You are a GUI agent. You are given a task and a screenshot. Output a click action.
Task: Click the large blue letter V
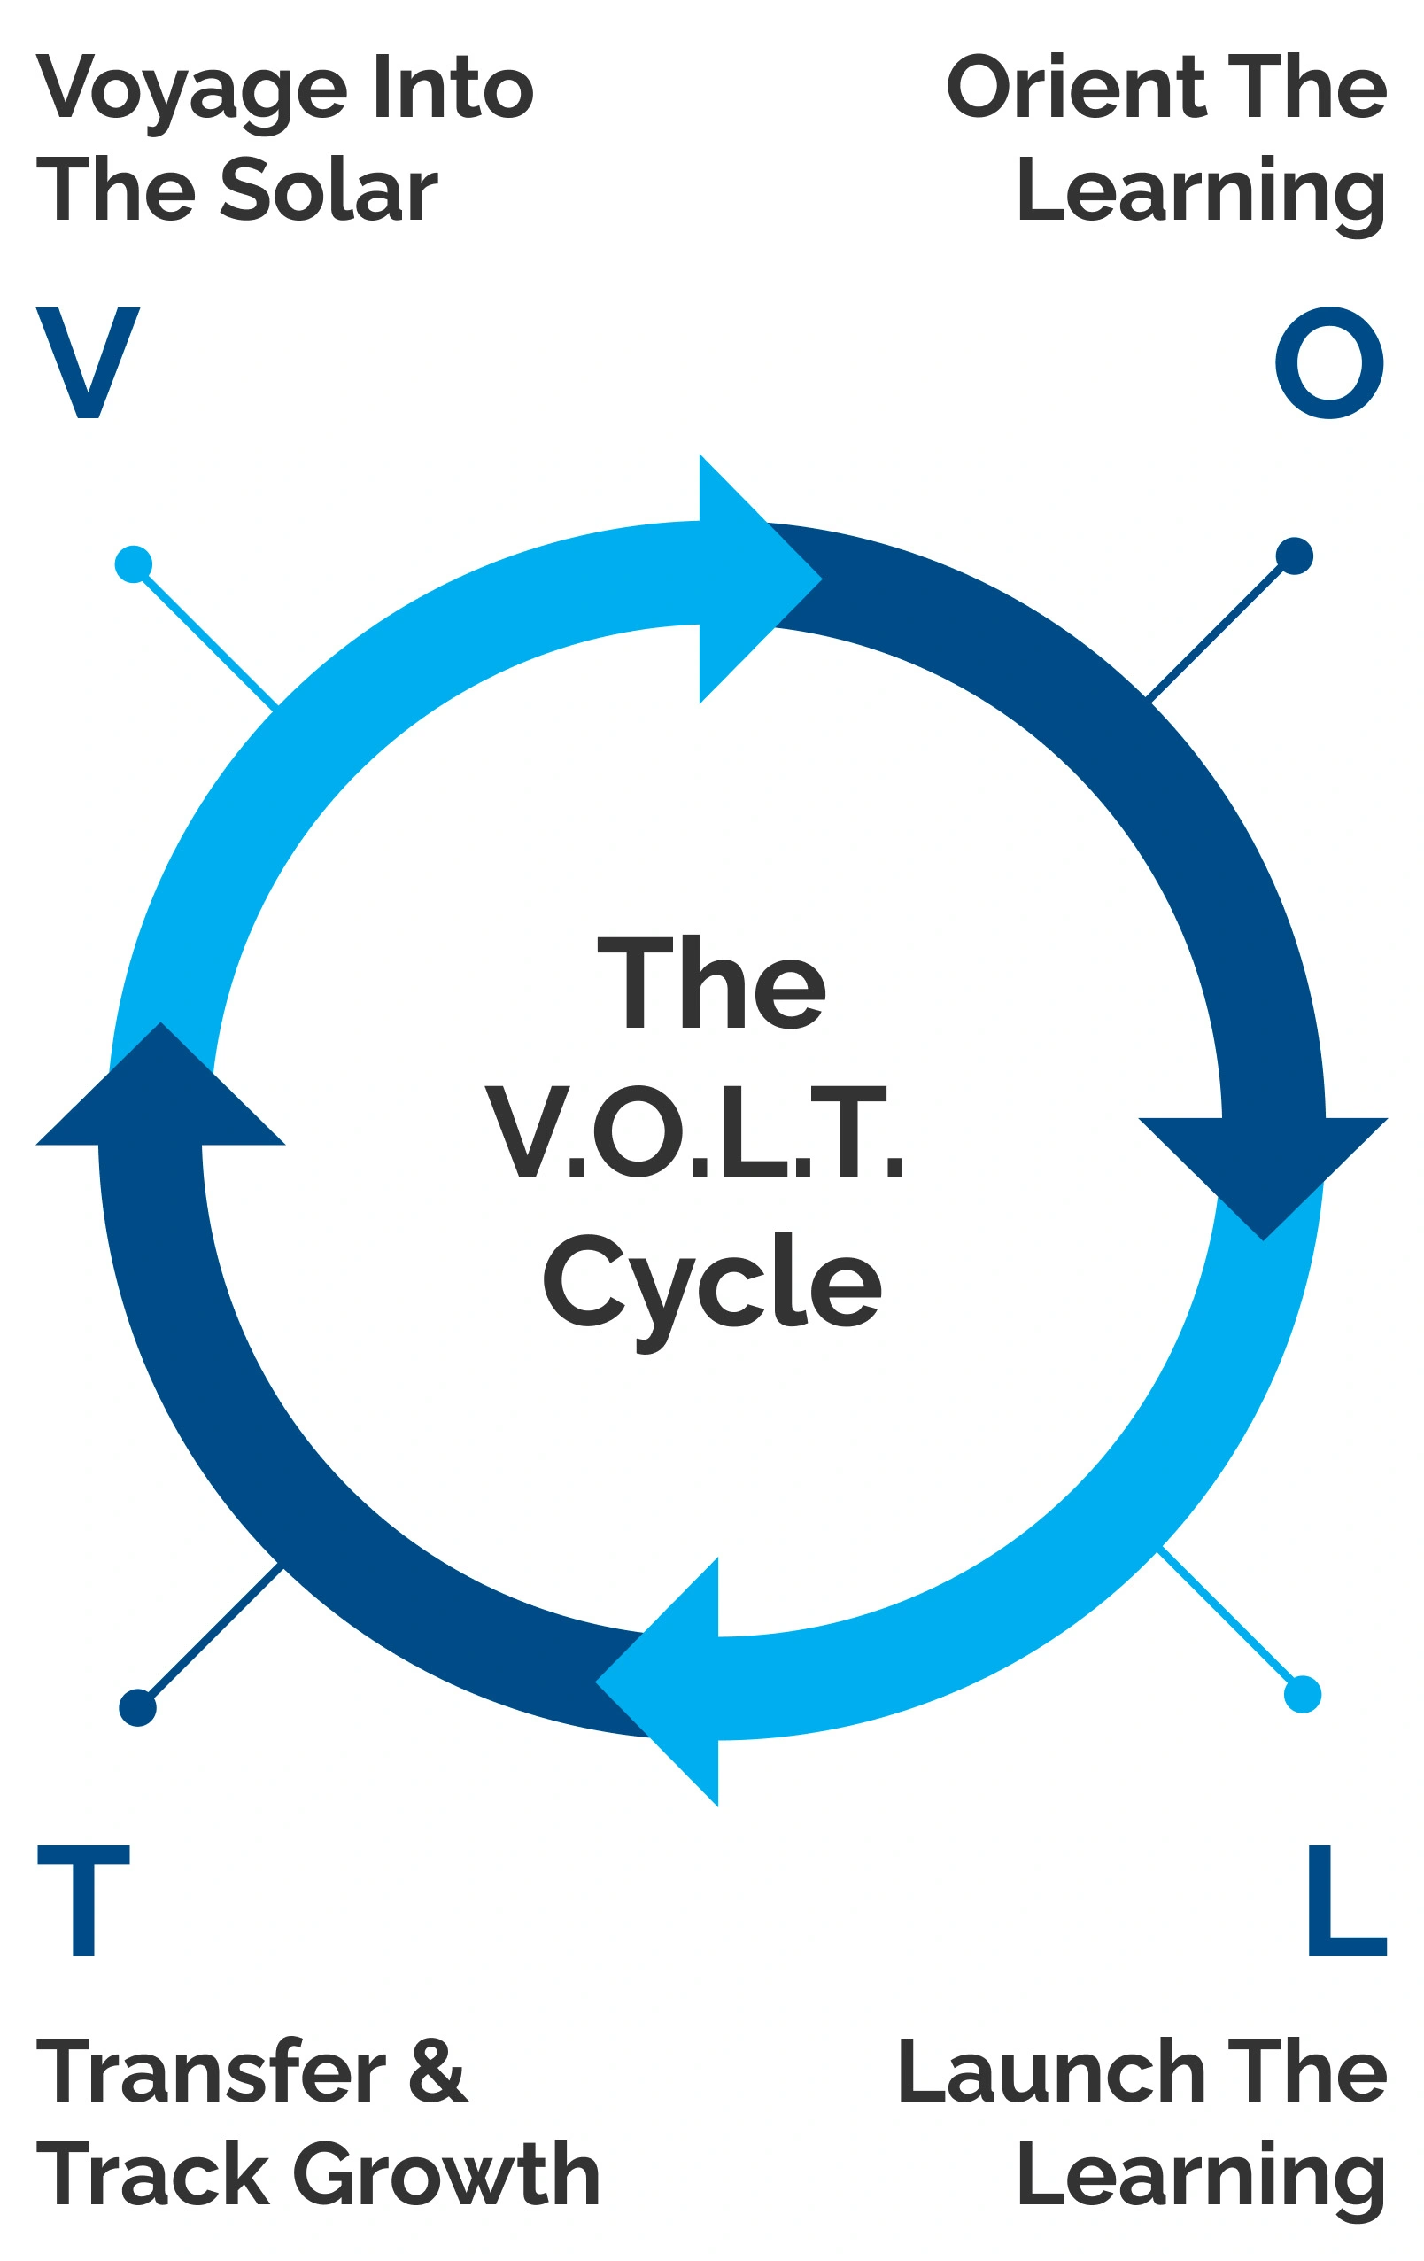[x=88, y=362]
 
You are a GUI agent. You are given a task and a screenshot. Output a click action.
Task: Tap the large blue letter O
[x=1328, y=362]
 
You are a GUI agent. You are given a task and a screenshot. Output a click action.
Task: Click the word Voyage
[x=191, y=89]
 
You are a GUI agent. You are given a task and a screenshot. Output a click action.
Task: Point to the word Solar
[x=329, y=190]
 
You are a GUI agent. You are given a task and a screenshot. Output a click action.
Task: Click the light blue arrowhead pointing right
[x=751, y=579]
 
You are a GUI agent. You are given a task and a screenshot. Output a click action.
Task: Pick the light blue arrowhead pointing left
[x=667, y=1681]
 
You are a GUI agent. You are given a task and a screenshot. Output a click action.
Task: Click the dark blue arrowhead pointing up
[x=160, y=1089]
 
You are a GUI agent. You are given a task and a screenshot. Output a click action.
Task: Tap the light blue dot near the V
[x=134, y=564]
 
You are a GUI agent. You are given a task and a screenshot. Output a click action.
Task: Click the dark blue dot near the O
[x=1294, y=556]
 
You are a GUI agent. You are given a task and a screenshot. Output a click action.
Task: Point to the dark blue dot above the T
[x=137, y=1706]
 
